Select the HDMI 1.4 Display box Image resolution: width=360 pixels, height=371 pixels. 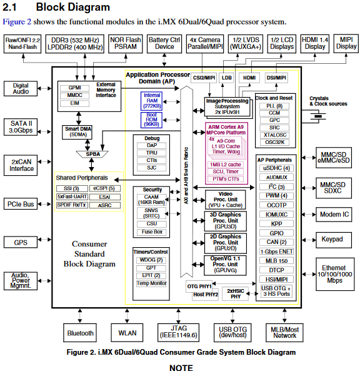pos(315,43)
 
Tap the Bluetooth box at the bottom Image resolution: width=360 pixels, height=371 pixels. pos(80,333)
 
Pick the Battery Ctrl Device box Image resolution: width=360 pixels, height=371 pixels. pos(164,43)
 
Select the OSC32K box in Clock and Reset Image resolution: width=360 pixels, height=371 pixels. pos(275,141)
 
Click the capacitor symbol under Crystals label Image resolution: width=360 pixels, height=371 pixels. pos(320,116)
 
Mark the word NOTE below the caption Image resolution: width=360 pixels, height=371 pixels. pos(180,367)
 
